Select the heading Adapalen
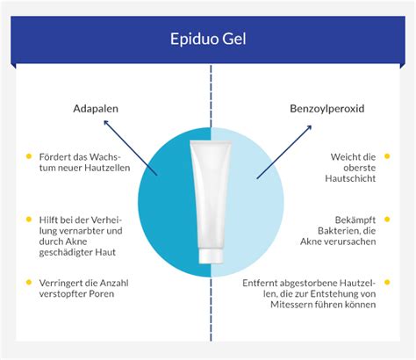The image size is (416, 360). pos(96,110)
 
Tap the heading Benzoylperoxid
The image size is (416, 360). pos(326,110)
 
